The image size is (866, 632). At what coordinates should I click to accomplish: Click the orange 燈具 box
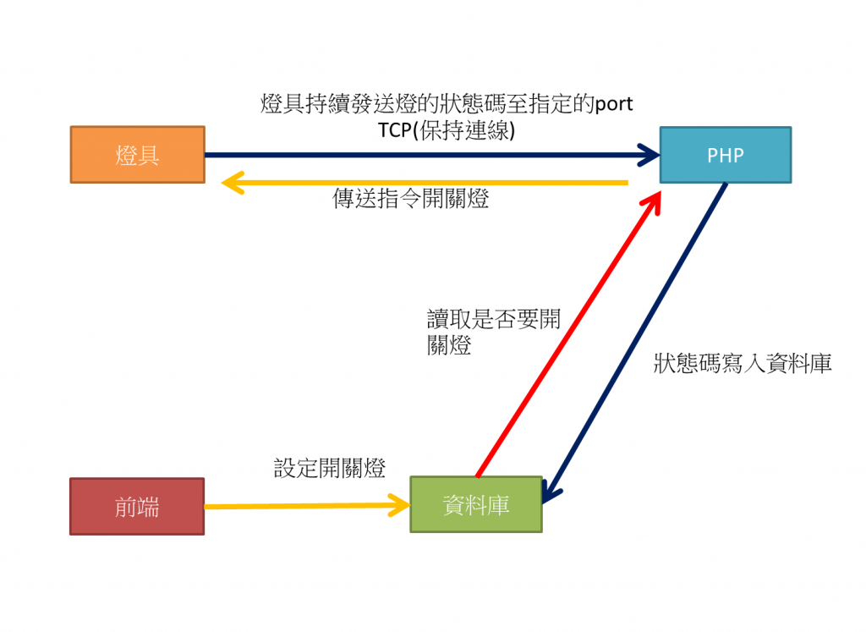click(137, 155)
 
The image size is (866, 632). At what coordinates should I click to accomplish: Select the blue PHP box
click(725, 155)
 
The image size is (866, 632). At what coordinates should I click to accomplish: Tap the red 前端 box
click(137, 506)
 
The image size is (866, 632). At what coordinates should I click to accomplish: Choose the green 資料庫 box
click(475, 504)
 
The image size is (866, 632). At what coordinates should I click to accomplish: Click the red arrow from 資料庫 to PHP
click(567, 338)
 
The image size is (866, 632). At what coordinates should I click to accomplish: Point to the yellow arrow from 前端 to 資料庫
click(304, 506)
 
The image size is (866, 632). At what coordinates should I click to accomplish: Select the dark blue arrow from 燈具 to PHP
click(423, 155)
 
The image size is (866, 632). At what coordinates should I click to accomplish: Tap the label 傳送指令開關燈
click(411, 200)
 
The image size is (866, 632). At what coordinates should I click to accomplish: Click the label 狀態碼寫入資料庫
click(743, 364)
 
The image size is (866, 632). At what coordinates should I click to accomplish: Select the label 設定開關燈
click(330, 468)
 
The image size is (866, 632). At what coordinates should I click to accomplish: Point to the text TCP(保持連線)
click(447, 130)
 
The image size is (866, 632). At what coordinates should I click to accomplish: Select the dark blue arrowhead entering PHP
click(649, 155)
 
